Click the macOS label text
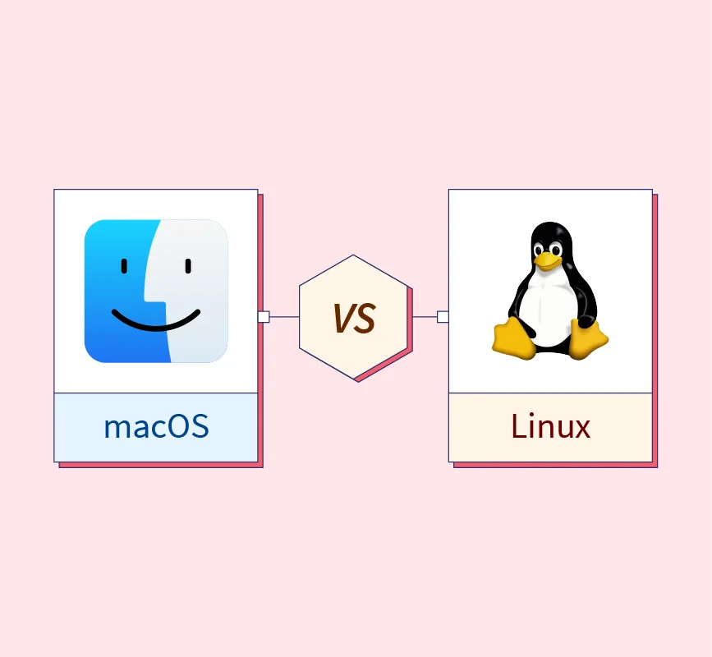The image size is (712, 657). point(156,427)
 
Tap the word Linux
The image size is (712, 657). point(550,427)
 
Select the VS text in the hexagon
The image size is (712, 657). point(354,318)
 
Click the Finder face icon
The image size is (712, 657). point(156,291)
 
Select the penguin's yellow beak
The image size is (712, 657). point(547,260)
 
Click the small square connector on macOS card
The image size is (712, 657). point(264,317)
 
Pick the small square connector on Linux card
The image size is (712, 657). point(443,317)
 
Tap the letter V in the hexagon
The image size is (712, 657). point(344,318)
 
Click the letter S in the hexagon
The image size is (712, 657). point(365,318)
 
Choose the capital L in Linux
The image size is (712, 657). point(518,426)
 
